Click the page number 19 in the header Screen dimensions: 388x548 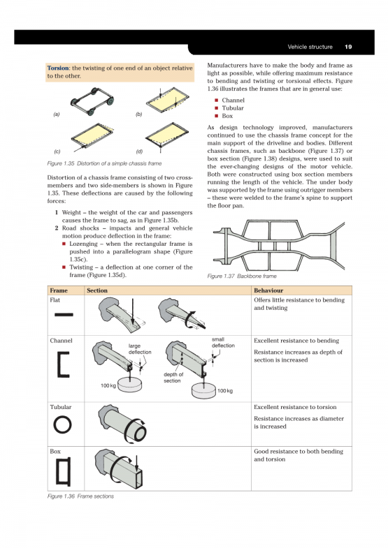pyautogui.click(x=348, y=47)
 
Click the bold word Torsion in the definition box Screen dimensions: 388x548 pyautogui.click(x=58, y=68)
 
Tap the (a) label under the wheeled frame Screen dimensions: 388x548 pyautogui.click(x=57, y=114)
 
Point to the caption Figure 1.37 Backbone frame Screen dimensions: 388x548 pyautogui.click(x=242, y=276)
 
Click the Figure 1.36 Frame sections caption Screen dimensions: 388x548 pyautogui.click(x=80, y=496)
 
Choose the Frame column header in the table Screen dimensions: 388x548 pyautogui.click(x=59, y=290)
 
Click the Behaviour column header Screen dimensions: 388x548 pyautogui.click(x=268, y=290)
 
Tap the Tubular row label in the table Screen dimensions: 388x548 pyautogui.click(x=61, y=407)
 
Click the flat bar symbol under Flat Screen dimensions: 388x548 pyautogui.click(x=64, y=315)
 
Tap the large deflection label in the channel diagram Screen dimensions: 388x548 pyautogui.click(x=140, y=349)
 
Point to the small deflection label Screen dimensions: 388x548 pyautogui.click(x=223, y=343)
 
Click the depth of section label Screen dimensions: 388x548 pyautogui.click(x=173, y=378)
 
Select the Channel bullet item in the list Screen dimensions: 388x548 pyautogui.click(x=233, y=101)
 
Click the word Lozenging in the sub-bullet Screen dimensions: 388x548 pyautogui.click(x=83, y=244)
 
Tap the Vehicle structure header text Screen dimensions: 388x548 pyautogui.click(x=310, y=47)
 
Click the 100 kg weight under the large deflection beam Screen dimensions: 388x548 pyautogui.click(x=130, y=385)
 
